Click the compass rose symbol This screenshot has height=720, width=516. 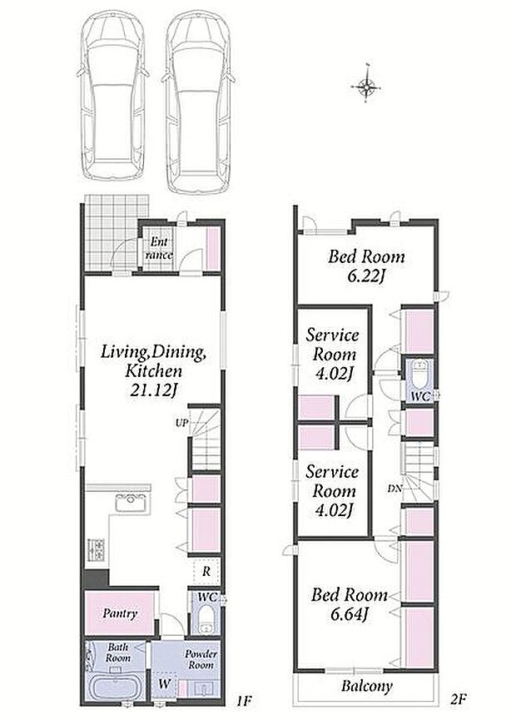coord(366,86)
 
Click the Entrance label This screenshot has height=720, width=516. coord(159,248)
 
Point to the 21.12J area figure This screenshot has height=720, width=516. coord(153,390)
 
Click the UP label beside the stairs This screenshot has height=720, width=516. coord(181,423)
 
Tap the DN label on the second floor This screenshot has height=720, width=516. coord(394,489)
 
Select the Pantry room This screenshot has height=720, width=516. coord(121,613)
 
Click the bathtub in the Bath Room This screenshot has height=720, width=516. coord(114,688)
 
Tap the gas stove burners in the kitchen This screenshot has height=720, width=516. coord(97,549)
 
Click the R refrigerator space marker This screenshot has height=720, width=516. coord(206,572)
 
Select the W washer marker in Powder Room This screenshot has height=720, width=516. coord(164,683)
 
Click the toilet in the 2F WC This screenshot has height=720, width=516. coord(419,373)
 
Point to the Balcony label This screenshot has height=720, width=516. coord(366,686)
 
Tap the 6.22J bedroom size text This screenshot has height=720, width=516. coord(365,277)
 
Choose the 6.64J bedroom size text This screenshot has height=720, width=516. coord(349,615)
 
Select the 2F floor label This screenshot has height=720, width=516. coord(458,699)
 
